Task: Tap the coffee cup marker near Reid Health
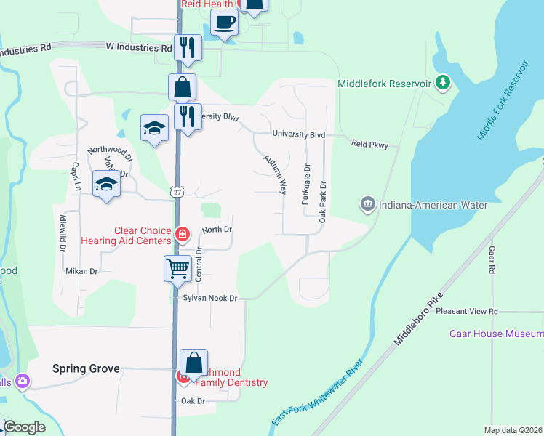pos(225,23)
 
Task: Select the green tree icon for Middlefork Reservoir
pos(442,83)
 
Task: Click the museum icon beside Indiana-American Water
pos(367,204)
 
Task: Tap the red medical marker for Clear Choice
pos(182,235)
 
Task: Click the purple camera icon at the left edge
pos(23,380)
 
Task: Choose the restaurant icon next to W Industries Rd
pos(188,48)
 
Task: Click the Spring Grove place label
pos(86,368)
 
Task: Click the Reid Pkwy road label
pos(375,145)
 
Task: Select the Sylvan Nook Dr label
pos(210,299)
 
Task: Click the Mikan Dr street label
pos(81,271)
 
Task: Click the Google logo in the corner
pos(24,427)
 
